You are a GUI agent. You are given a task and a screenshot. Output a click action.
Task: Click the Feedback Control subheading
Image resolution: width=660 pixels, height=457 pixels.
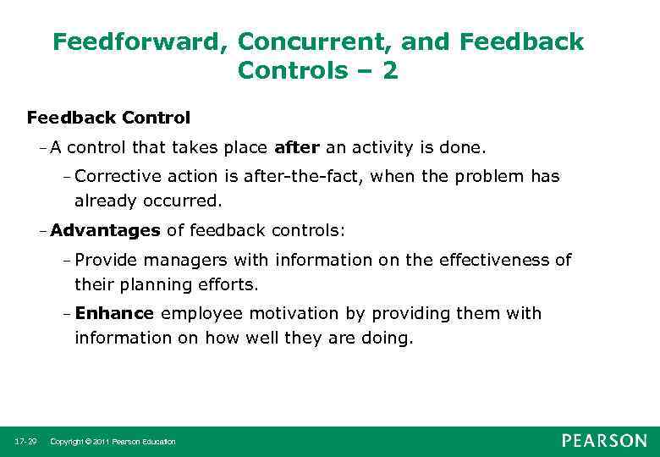click(108, 118)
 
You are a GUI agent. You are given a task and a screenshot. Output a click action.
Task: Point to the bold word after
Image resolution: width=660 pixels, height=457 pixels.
click(296, 149)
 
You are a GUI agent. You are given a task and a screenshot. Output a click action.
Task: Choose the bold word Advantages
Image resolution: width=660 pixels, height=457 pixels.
click(105, 230)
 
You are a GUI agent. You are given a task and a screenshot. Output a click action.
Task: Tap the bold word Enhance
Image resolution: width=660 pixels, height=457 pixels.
click(114, 314)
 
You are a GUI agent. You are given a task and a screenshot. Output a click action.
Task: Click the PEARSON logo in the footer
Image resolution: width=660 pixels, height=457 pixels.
click(603, 441)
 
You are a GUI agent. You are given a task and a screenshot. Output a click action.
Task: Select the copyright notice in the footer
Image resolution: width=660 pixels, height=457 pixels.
click(113, 442)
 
